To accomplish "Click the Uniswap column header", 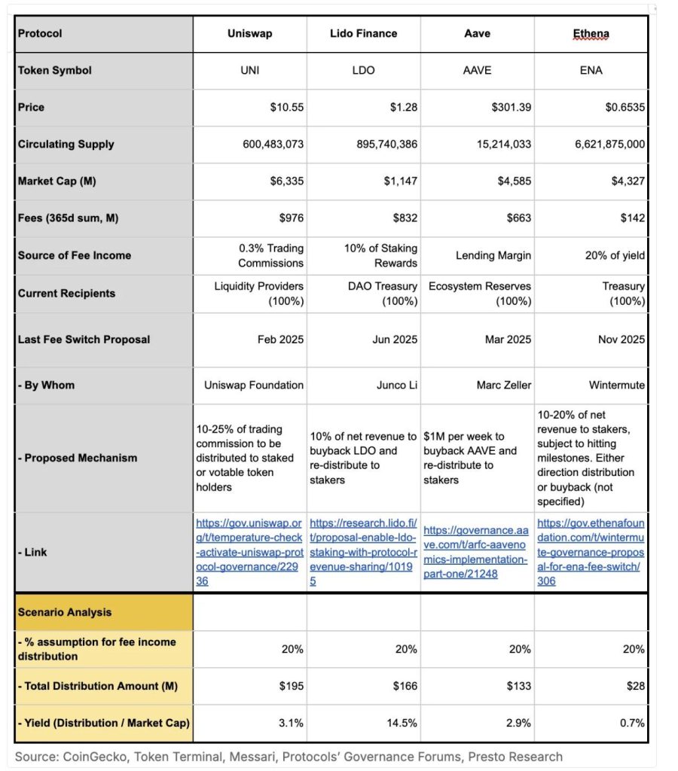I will (x=249, y=34).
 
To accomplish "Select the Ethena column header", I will (x=591, y=34).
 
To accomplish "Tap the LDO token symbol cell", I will (x=363, y=71).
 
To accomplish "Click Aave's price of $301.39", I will (x=510, y=108).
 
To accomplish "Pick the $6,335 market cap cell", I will (x=287, y=181).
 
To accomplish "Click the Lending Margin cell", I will (x=493, y=256).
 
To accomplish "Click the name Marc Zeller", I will (x=503, y=385).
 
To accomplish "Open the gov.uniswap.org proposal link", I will (x=249, y=552).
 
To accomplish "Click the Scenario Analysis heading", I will (x=65, y=613).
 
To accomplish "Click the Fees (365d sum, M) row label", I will (x=69, y=218).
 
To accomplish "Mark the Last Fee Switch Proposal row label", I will (x=84, y=340).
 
